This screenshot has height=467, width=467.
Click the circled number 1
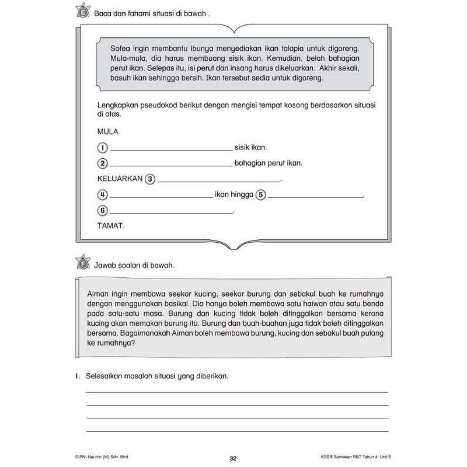[102, 148]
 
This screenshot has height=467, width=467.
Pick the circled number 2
[102, 163]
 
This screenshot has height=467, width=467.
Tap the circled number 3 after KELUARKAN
[149, 179]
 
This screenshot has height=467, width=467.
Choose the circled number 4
[102, 195]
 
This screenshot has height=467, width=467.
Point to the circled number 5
[260, 195]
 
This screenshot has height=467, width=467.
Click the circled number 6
[102, 211]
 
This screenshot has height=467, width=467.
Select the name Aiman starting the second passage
[97, 295]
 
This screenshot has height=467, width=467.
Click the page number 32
[233, 458]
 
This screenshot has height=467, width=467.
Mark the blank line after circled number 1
[170, 150]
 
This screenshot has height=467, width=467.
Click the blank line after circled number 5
[316, 197]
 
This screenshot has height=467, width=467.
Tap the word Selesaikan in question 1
[106, 376]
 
